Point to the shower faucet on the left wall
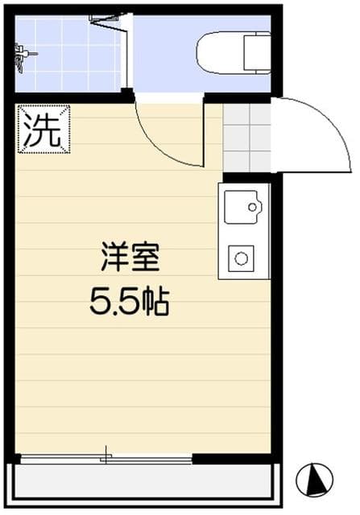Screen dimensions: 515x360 tap(21, 56)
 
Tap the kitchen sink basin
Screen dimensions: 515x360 tap(242, 207)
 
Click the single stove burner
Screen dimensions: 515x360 tap(241, 258)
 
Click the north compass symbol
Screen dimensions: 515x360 tap(313, 480)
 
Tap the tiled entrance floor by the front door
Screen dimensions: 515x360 tap(247, 136)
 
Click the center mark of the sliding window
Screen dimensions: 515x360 tap(106, 458)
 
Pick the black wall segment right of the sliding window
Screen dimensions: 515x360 tap(234, 459)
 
